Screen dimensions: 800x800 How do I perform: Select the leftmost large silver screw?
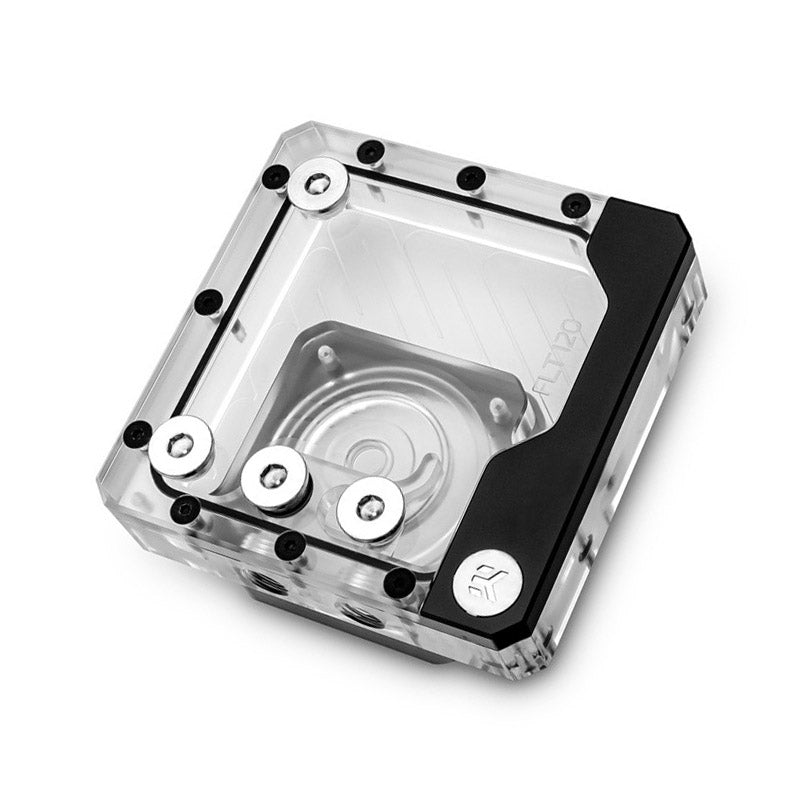181,447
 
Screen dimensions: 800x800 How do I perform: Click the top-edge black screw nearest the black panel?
573,205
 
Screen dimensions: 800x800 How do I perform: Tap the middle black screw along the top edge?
470,178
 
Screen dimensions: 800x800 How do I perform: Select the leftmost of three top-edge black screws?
370,152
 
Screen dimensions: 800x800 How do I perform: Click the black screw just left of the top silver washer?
273,177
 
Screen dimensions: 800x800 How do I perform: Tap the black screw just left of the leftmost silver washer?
137,434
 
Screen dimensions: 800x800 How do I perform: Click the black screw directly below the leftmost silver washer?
185,510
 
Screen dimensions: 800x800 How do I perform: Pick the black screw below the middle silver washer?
291,545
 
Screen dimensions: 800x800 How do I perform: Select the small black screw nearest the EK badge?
399,582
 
